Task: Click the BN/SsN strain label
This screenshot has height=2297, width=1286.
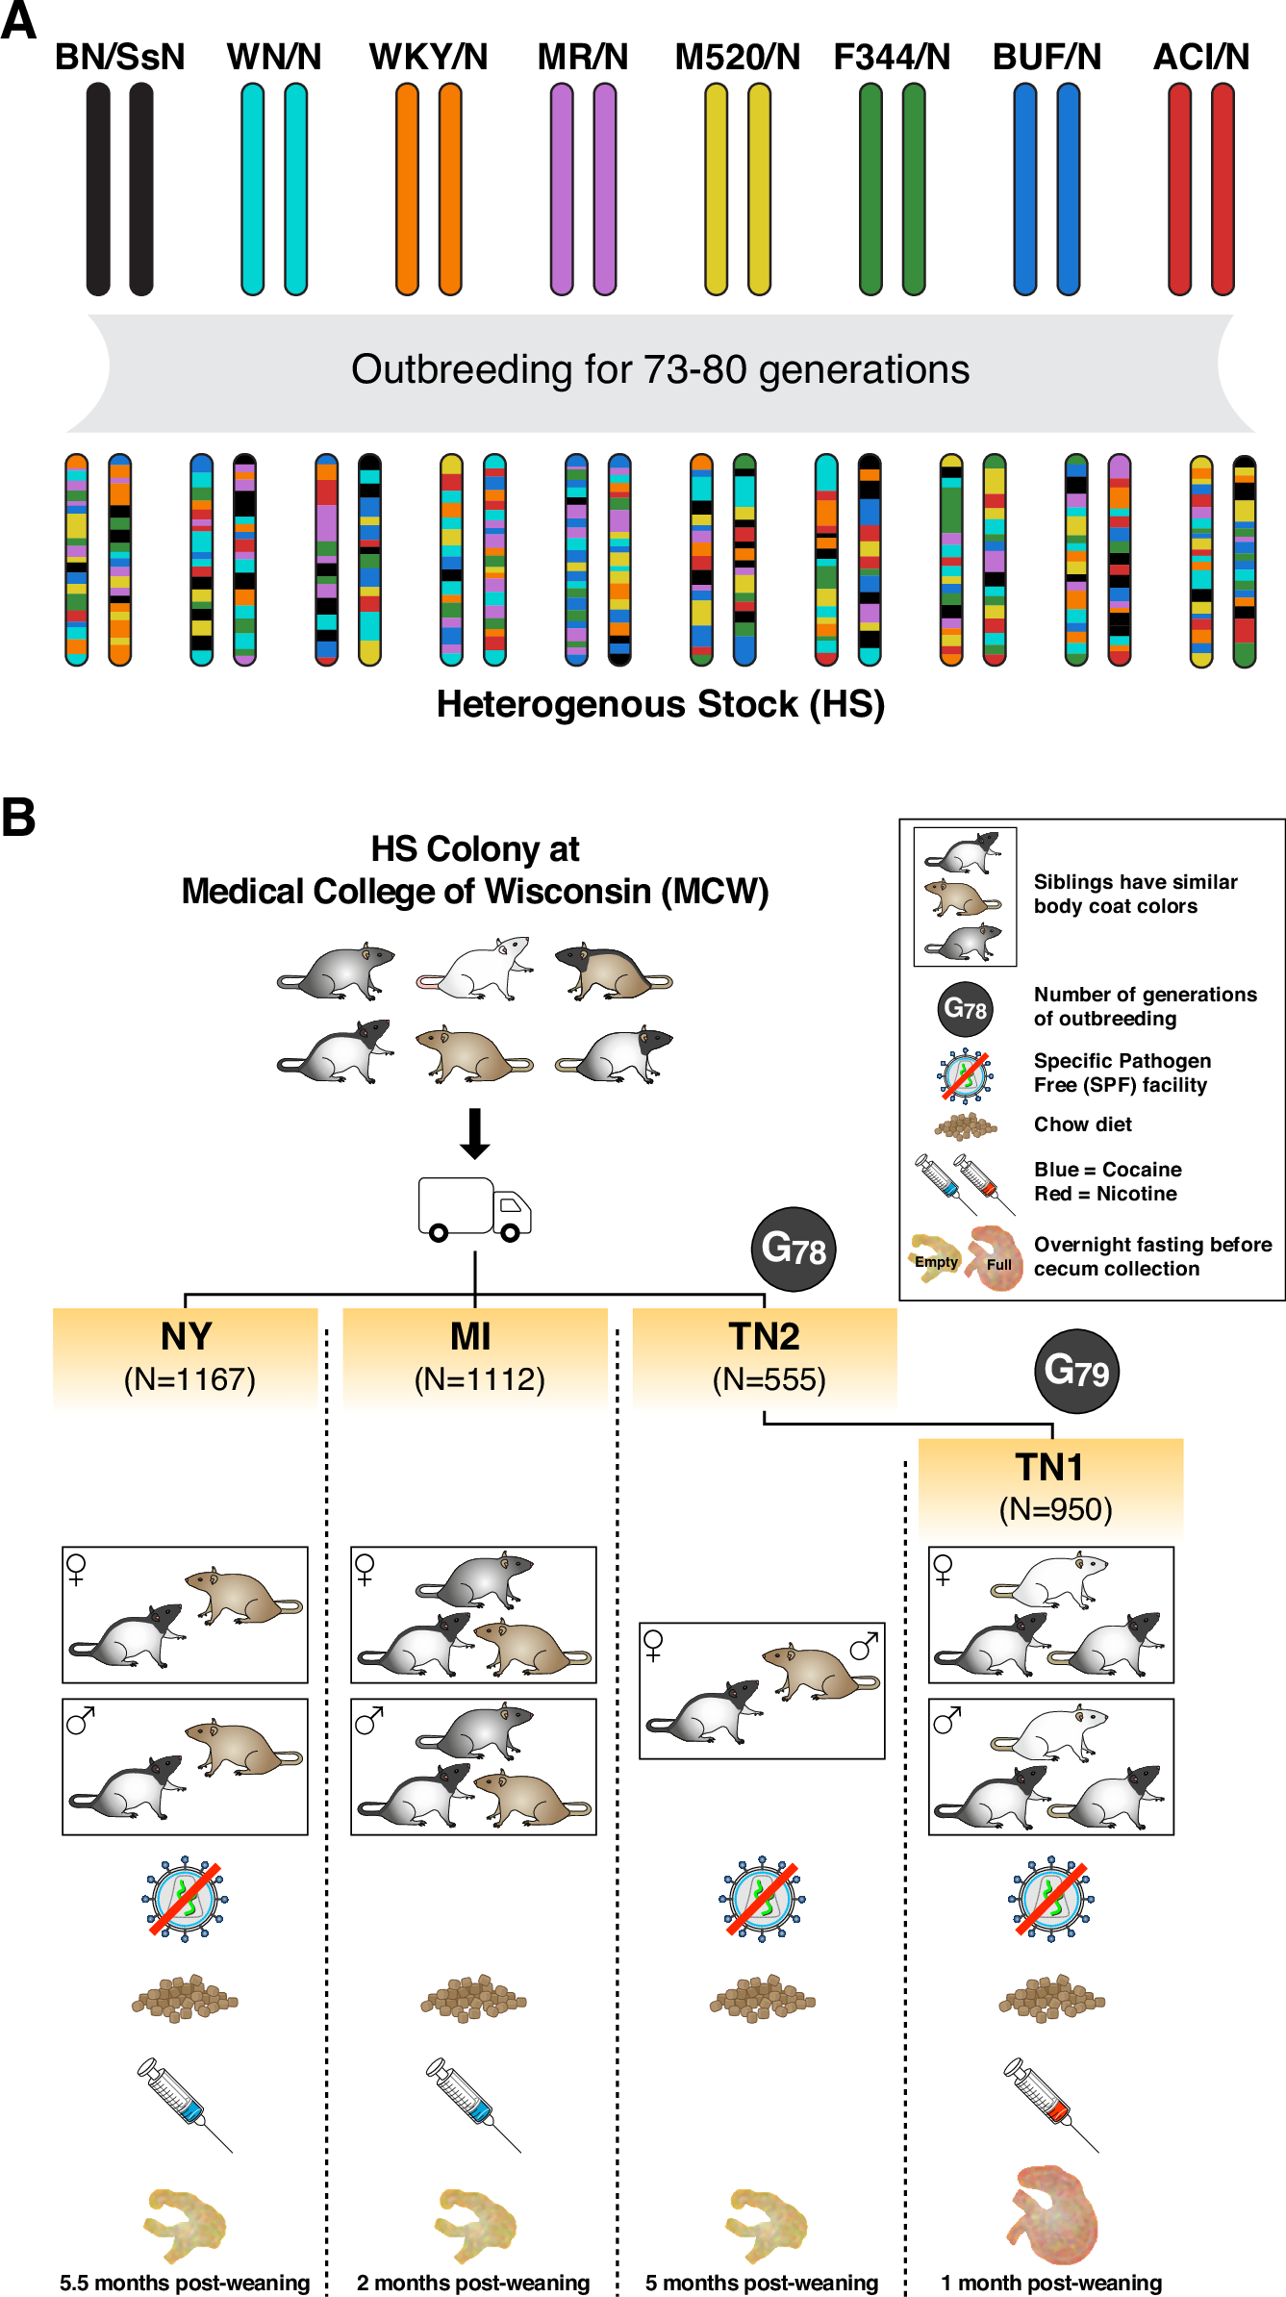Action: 119,58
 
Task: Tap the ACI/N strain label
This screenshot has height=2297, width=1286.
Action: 1200,58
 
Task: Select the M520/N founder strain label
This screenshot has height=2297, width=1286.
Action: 737,58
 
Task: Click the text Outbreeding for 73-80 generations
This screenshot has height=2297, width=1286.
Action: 660,370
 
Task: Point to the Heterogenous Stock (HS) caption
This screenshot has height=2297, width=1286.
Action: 660,704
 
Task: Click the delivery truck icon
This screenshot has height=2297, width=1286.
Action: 474,1209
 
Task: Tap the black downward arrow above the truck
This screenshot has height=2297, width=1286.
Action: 474,1133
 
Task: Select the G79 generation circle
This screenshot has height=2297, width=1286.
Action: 1076,1371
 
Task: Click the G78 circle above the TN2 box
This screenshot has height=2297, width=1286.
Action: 793,1249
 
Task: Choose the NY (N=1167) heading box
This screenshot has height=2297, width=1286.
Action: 186,1356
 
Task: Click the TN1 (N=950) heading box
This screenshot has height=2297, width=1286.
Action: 1050,1487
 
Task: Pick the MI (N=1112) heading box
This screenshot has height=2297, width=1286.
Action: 475,1356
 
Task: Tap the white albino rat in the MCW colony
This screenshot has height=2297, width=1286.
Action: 475,970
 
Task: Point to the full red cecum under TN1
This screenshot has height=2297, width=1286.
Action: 1052,2214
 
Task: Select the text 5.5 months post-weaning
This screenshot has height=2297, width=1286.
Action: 185,2283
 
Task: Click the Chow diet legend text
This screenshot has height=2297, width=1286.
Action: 1082,1124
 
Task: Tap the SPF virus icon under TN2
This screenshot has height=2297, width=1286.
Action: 762,1899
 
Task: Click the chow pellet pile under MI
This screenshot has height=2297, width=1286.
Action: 473,1999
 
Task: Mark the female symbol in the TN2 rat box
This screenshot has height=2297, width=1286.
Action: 653,1645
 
